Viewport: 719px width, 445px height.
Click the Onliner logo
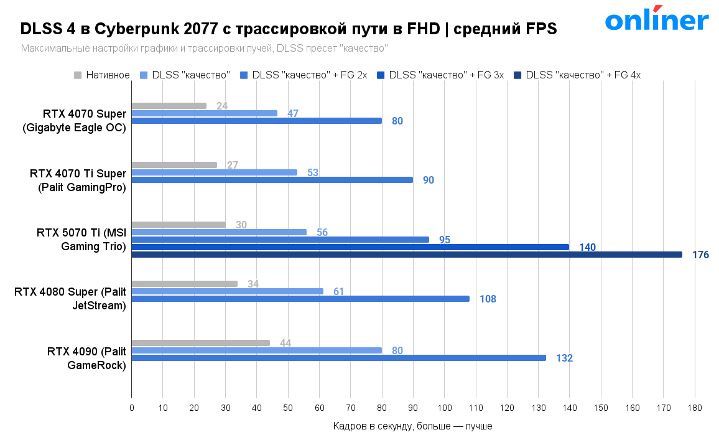tap(657, 21)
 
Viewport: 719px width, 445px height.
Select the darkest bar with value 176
tap(407, 255)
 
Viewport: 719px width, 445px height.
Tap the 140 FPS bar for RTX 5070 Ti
tap(350, 247)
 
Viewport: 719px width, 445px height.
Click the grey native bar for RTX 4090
tap(200, 343)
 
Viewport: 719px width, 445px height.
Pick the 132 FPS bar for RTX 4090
tap(338, 358)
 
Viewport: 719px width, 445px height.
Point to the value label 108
tap(488, 299)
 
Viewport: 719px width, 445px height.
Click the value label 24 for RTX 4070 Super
tap(222, 106)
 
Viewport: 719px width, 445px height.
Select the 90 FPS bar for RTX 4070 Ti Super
tap(272, 180)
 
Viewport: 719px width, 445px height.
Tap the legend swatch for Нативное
tap(78, 75)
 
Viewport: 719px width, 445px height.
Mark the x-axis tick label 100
tap(444, 408)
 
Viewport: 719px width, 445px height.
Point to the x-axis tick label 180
tap(695, 408)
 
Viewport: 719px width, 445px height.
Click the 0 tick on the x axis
tap(132, 408)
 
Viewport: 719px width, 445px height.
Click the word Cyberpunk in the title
tap(134, 29)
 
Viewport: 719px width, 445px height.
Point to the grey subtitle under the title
tap(204, 48)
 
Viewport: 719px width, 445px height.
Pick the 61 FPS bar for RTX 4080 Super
tap(228, 291)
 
